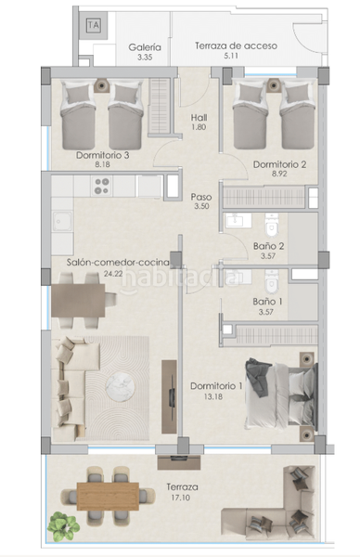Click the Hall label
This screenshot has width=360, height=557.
pos(199,118)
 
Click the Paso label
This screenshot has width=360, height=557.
pos(200,197)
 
